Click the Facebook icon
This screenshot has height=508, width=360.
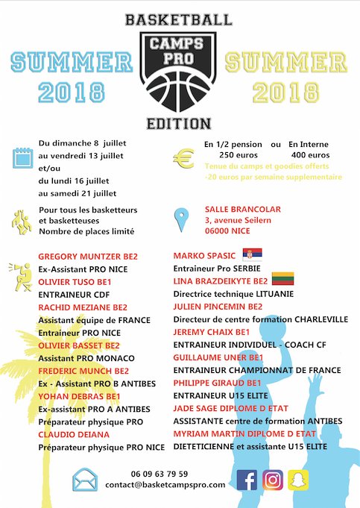(x=247, y=480)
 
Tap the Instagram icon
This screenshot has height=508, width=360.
(x=274, y=480)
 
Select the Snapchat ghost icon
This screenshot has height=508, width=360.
(x=299, y=480)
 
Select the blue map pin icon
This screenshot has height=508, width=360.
(x=181, y=219)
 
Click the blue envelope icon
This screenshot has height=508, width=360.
(x=86, y=480)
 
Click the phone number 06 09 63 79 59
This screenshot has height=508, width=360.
(x=160, y=474)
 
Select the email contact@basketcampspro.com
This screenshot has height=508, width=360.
(x=165, y=485)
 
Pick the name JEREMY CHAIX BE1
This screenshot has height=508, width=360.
(x=212, y=332)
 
